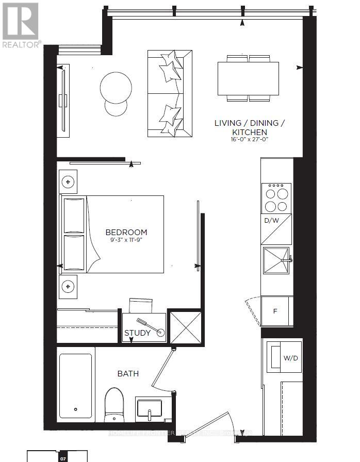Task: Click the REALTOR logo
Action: (x=21, y=24)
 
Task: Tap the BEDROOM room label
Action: (x=126, y=232)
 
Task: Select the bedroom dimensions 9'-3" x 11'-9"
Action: (x=126, y=240)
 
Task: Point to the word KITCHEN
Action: (x=249, y=132)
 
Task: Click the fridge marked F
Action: (x=275, y=311)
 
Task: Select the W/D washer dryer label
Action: (x=290, y=358)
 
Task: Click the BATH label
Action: (x=128, y=373)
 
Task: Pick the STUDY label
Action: (x=137, y=333)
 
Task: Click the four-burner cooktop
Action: (x=277, y=198)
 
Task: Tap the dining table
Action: (x=248, y=78)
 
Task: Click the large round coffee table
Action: (x=117, y=86)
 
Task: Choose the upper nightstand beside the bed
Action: (x=68, y=181)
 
